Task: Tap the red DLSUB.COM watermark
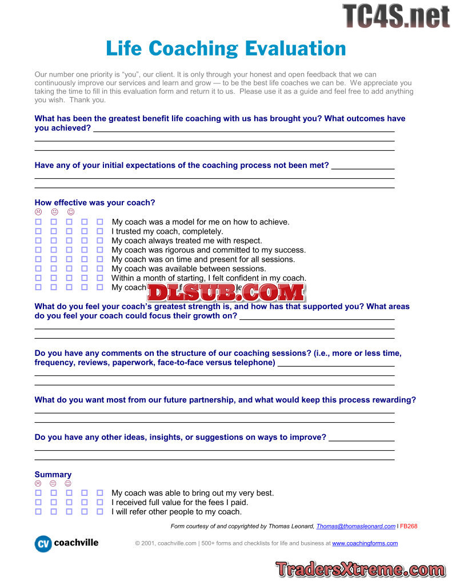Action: tap(226, 292)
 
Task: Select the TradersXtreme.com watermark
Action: tap(360, 569)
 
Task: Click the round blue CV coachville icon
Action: tap(43, 544)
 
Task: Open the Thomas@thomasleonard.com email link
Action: tap(355, 526)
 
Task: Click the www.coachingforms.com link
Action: tap(365, 543)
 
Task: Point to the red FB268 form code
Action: tap(409, 526)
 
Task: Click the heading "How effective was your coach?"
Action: tap(95, 202)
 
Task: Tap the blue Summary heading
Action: tap(53, 474)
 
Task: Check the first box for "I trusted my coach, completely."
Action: tap(38, 231)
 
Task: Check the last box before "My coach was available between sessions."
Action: tap(100, 269)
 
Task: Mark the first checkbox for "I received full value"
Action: tap(38, 503)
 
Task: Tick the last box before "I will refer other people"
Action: tap(100, 512)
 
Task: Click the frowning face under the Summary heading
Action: tap(38, 483)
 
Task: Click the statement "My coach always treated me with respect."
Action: tap(187, 241)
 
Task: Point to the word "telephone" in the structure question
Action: tap(254, 362)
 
